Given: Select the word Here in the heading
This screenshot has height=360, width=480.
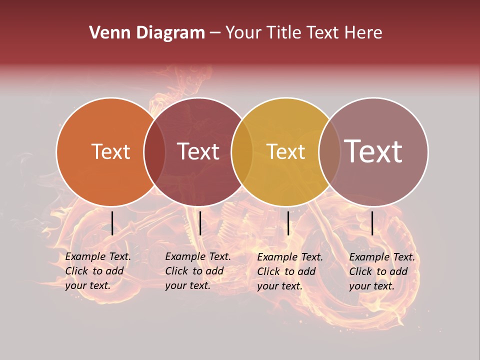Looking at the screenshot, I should point(364,33).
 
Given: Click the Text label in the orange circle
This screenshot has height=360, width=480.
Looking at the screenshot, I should point(110,151).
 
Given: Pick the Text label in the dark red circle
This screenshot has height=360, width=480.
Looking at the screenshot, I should point(198,151).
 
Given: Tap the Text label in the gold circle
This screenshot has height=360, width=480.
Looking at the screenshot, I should point(285,151).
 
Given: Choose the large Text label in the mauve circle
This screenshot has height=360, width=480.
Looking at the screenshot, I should point(373,151).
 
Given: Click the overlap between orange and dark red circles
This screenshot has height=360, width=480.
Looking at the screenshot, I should point(154,151).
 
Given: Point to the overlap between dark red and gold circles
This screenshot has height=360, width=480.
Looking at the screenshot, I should point(242,151).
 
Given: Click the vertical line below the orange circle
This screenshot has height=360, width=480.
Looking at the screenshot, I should point(112,223).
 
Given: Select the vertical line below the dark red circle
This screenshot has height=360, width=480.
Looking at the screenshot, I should point(200,223).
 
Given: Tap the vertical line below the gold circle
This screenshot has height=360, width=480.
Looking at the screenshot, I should point(288,223).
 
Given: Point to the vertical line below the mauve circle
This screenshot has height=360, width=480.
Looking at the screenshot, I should point(372,223).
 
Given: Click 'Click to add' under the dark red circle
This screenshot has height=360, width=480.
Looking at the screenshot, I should point(194,271).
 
